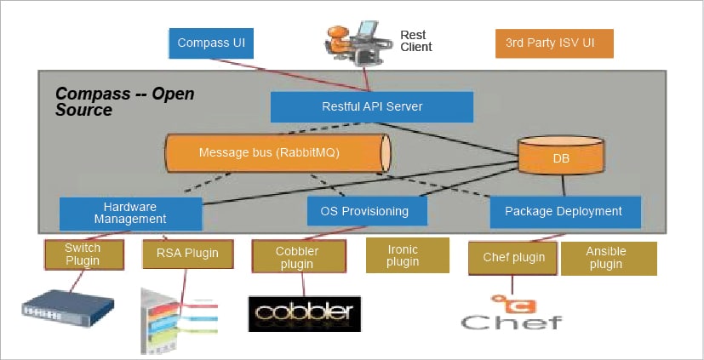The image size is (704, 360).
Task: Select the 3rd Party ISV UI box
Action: tap(554, 43)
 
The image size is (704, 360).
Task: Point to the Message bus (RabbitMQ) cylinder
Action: tap(277, 153)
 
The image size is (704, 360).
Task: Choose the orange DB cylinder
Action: tap(561, 158)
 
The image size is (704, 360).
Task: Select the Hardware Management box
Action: tap(130, 213)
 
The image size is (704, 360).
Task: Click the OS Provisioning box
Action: tap(363, 211)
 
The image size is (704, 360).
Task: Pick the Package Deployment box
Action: tap(563, 211)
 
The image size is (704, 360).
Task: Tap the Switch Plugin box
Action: tap(83, 254)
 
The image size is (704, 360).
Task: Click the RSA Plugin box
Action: tap(187, 253)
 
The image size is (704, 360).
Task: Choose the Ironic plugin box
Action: tap(407, 255)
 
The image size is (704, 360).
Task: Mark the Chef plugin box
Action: tap(512, 257)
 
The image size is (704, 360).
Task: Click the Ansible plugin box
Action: tap(608, 258)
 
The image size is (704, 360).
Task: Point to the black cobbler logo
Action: tap(304, 312)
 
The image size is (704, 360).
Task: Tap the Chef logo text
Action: tap(511, 321)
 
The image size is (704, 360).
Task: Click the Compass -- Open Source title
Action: tap(124, 101)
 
